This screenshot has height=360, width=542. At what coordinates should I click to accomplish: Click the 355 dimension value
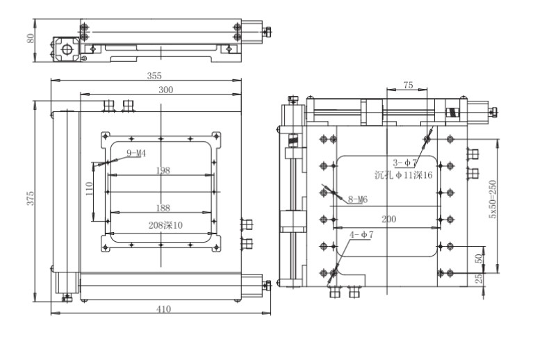(x=154, y=76)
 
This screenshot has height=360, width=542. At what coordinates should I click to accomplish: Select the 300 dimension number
(x=165, y=90)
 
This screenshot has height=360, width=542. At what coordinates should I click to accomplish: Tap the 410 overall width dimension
(x=163, y=309)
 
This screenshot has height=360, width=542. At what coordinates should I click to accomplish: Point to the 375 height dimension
(x=31, y=198)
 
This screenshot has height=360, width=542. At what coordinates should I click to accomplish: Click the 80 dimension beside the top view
(x=31, y=38)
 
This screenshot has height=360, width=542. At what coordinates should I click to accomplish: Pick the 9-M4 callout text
(x=136, y=153)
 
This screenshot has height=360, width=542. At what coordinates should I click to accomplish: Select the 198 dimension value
(x=163, y=170)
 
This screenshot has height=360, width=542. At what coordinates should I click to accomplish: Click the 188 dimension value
(x=163, y=208)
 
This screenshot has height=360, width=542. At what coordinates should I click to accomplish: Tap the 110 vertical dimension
(x=89, y=189)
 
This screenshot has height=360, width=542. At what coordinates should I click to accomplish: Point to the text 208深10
(x=165, y=225)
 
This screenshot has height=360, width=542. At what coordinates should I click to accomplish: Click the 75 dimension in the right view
(x=408, y=85)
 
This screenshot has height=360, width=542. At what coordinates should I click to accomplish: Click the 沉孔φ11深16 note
(x=404, y=175)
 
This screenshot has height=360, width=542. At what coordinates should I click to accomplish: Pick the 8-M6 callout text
(x=358, y=199)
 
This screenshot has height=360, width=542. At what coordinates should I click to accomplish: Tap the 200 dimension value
(x=389, y=219)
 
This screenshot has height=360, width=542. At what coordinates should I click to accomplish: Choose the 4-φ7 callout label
(x=361, y=235)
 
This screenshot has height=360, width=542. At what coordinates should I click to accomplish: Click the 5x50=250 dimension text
(x=492, y=199)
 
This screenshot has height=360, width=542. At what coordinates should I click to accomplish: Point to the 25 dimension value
(x=478, y=279)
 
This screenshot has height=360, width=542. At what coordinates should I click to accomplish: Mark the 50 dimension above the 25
(x=478, y=259)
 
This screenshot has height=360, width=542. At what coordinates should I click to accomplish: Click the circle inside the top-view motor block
(x=67, y=50)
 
